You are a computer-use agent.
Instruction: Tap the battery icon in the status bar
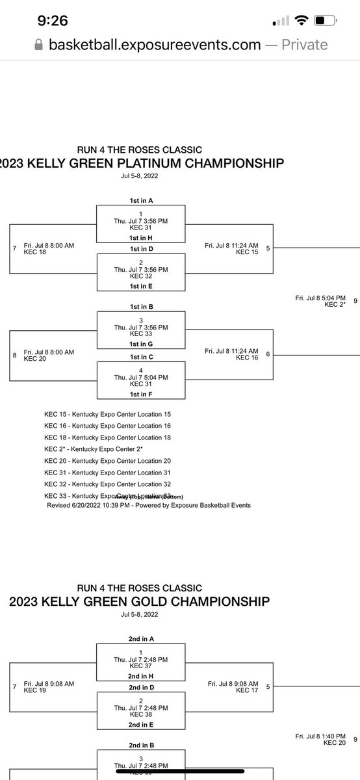327,21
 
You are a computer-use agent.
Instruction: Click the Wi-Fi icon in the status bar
301,21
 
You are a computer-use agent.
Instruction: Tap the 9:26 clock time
53,21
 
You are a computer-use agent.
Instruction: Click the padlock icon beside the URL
38,45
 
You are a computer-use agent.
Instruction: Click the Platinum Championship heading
141,162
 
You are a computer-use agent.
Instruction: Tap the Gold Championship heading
139,601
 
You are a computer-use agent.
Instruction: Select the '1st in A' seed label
141,201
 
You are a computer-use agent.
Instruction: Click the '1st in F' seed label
141,394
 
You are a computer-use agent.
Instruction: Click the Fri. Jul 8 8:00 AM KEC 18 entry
49,248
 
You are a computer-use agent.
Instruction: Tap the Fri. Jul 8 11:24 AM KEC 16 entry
231,354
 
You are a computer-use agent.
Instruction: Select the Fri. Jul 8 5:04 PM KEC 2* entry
318,301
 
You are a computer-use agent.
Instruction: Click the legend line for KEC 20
107,461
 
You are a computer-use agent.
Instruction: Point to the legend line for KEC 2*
103,449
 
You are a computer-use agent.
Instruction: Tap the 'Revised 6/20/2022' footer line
149,505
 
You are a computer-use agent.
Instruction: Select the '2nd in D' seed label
141,687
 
